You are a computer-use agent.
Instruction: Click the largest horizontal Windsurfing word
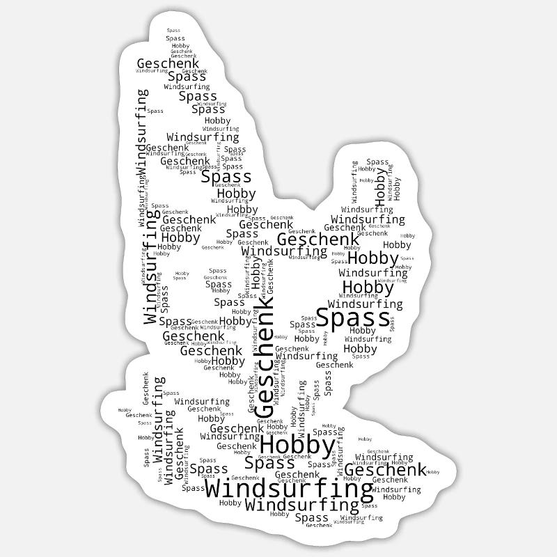tap(289, 489)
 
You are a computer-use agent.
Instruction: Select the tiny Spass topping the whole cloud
tap(173, 31)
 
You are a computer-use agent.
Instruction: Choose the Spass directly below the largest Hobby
tap(269, 463)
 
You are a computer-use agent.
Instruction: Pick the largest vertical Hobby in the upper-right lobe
tap(380, 182)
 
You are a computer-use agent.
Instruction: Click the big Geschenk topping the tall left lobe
tap(168, 63)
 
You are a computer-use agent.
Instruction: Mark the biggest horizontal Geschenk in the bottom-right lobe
tap(385, 470)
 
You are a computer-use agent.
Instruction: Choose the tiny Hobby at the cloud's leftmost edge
tap(125, 411)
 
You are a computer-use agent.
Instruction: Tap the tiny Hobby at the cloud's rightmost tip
tap(432, 473)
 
